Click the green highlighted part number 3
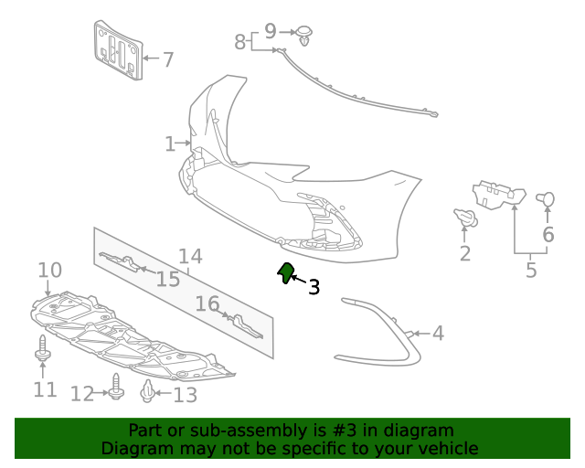tap(286, 272)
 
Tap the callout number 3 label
tap(314, 288)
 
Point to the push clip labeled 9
tap(305, 37)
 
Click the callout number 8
tap(240, 42)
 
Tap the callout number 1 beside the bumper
tap(170, 144)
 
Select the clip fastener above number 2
tap(466, 218)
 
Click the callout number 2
tap(465, 253)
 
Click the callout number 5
tap(531, 271)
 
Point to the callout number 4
tap(438, 333)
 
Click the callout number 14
tap(190, 257)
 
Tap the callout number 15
tap(167, 279)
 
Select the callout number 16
tap(207, 303)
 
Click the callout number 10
tap(49, 271)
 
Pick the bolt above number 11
tap(43, 348)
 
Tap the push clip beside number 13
tap(147, 393)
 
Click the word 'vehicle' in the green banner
tap(447, 449)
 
